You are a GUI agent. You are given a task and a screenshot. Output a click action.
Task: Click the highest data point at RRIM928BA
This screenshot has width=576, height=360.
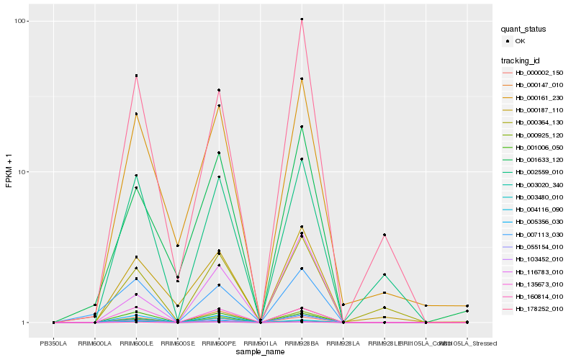(302, 19)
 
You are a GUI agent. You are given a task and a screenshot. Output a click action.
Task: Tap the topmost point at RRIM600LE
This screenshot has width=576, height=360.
(136, 76)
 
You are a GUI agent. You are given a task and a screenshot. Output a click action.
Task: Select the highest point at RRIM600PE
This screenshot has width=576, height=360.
(219, 90)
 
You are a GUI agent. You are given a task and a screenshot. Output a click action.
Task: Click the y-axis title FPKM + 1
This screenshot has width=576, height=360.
(9, 173)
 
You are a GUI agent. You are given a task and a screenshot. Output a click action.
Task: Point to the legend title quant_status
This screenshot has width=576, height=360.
(524, 29)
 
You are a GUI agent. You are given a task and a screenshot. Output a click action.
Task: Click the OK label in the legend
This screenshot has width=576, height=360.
(520, 41)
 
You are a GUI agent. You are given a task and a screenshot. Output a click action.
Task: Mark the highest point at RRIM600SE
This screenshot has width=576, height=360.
(177, 246)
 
